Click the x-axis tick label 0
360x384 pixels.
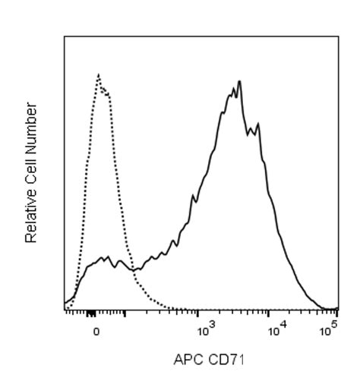96,332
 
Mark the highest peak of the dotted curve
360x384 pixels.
99,74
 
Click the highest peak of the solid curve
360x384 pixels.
239,80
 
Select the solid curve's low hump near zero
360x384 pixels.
106,257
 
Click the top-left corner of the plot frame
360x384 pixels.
65,36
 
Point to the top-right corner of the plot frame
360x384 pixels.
339,36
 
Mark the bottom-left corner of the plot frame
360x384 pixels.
65,310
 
